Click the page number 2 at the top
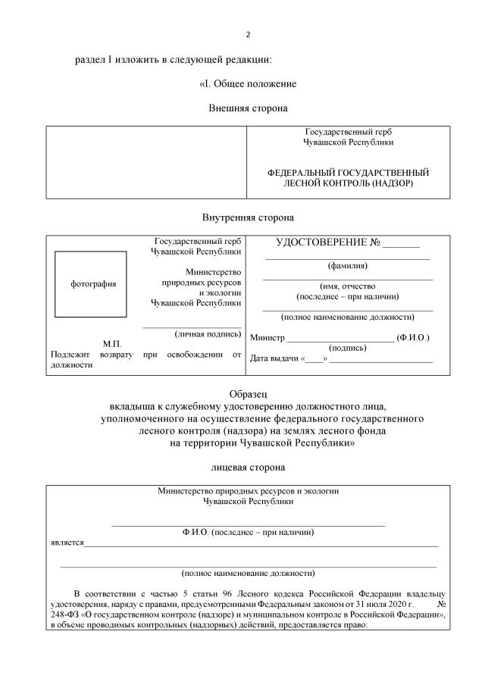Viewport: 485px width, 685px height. coord(248,35)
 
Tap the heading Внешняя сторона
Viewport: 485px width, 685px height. coord(248,108)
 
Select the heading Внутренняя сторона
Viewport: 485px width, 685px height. coord(248,218)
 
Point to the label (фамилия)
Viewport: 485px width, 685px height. coord(348,266)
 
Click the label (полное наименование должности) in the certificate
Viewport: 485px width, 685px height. coord(347,317)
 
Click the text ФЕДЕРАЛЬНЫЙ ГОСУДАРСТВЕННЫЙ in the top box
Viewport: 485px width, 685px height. coord(348,173)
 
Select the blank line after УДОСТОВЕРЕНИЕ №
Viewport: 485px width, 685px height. coord(401,246)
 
